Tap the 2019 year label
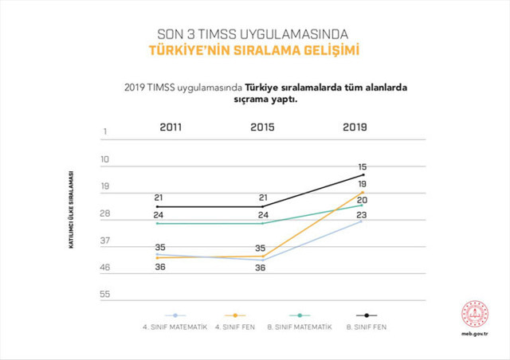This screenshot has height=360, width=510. (x=355, y=127)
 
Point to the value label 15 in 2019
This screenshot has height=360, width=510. (x=363, y=166)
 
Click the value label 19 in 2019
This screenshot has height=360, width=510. (x=363, y=184)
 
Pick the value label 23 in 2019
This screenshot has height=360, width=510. (x=362, y=215)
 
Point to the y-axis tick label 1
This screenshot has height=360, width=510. (x=104, y=131)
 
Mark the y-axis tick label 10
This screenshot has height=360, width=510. (x=104, y=159)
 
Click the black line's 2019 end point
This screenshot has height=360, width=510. (x=363, y=175)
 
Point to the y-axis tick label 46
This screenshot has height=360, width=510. (x=104, y=268)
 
